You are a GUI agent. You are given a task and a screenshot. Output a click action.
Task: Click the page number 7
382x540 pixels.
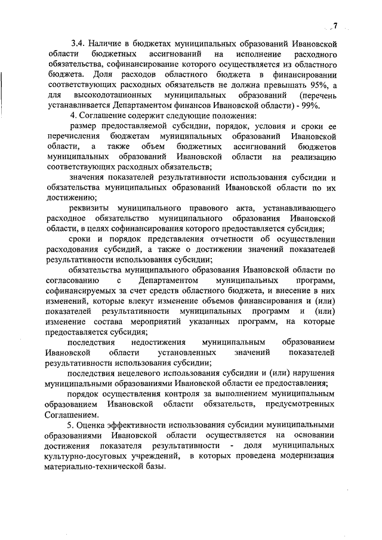tap(335, 26)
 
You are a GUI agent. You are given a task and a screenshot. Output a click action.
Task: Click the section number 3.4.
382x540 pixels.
tap(78, 44)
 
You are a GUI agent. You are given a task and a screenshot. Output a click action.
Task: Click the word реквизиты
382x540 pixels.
tap(90, 208)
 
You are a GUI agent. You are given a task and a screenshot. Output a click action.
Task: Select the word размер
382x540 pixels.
tap(82, 126)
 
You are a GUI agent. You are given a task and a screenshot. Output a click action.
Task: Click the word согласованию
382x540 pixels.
tap(70, 280)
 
